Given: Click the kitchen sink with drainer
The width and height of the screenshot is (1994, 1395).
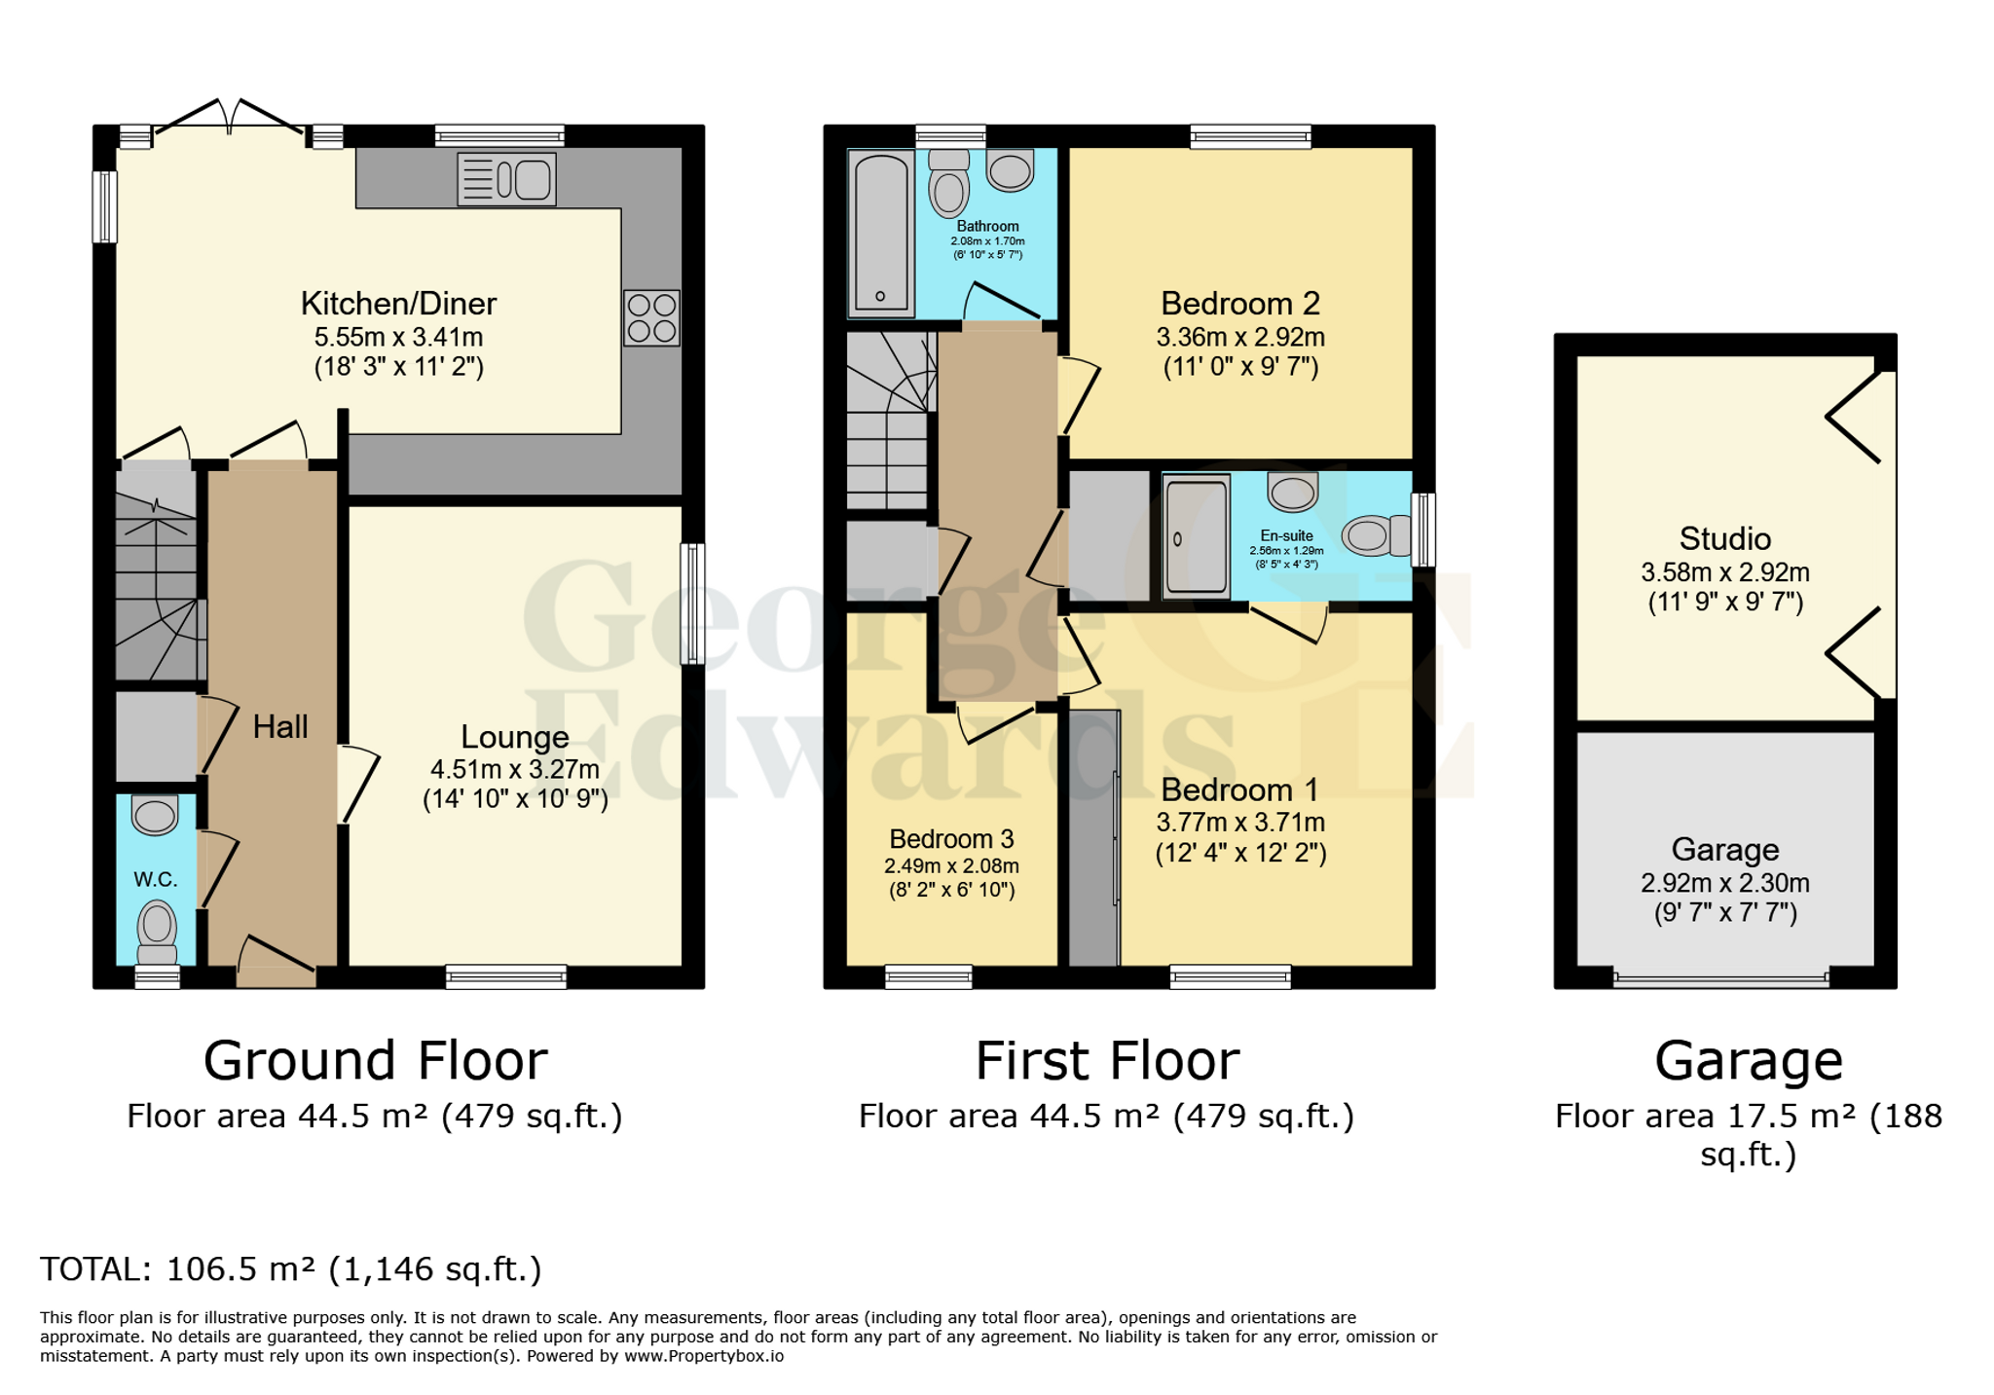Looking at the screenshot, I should [506, 179].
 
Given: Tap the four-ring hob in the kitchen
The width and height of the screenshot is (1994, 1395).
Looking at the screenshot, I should [651, 317].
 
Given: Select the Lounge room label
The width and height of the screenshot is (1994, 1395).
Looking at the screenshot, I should [514, 737].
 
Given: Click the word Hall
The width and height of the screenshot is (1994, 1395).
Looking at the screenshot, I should [280, 726].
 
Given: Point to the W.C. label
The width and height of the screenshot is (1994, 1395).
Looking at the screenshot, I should [155, 879].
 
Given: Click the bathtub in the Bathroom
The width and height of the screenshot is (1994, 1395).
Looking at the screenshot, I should [881, 234].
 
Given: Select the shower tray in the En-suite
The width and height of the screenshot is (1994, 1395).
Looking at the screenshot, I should [1197, 533].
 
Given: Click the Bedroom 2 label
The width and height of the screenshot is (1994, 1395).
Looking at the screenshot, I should [1239, 304].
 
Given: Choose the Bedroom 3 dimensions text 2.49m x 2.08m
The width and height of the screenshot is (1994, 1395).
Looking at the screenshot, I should [951, 865].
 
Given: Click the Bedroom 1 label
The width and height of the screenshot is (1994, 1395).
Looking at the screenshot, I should [1239, 789].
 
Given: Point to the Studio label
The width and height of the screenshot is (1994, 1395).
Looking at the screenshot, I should [1724, 538].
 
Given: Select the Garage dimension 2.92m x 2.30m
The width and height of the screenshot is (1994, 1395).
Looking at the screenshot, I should [1724, 883].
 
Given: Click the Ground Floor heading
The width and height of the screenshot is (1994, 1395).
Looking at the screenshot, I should [375, 1060].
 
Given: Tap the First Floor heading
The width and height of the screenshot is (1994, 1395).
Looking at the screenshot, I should [1107, 1060].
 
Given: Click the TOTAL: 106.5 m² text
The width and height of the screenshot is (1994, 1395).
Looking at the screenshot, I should [290, 1269].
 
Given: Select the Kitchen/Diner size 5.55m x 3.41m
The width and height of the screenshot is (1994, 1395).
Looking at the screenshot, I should [398, 337].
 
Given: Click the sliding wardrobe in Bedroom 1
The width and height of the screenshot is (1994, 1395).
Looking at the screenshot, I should [1094, 837].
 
